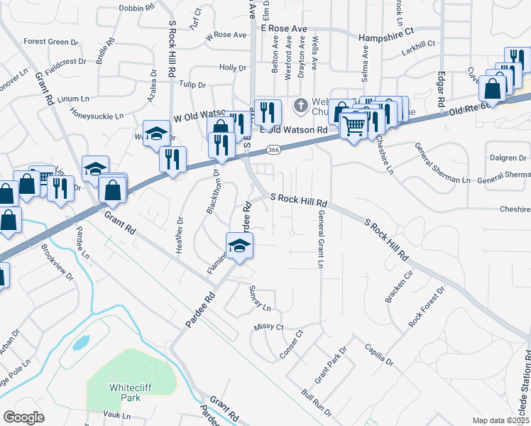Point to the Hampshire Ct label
coord(386,33)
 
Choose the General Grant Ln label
coord(321,239)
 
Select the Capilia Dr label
coord(379,353)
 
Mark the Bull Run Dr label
coord(316,402)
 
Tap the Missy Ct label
coord(268,327)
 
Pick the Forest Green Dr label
coord(50,42)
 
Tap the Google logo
coord(23,417)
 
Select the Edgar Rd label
coord(442,84)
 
